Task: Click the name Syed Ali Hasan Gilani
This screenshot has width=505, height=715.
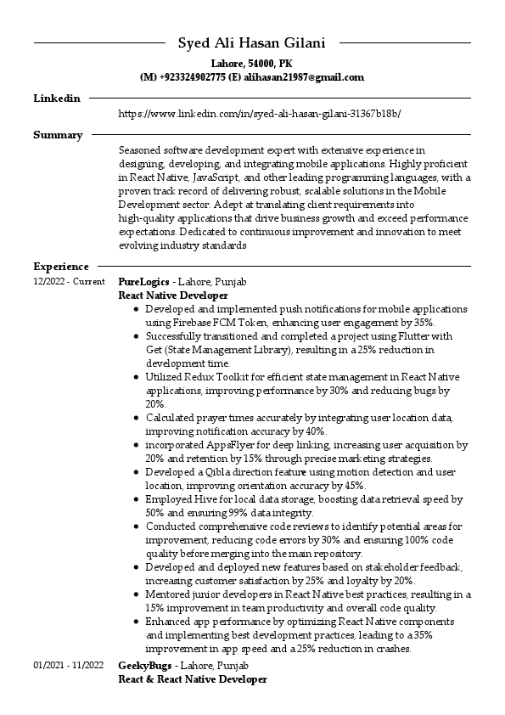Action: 252,43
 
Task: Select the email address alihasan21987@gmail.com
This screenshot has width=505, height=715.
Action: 304,77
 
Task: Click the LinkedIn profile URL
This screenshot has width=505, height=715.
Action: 259,113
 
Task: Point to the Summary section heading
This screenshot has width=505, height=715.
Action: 58,135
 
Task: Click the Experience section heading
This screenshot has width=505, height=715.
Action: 61,267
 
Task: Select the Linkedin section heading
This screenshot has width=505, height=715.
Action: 57,99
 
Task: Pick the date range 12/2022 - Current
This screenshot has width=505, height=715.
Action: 69,282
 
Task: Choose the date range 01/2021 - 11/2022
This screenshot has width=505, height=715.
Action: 68,666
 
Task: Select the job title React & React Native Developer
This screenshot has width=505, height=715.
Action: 193,679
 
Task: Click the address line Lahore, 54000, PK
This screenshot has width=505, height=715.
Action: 252,64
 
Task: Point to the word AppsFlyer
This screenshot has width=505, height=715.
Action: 233,444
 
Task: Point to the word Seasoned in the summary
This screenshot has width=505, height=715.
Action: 141,149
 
